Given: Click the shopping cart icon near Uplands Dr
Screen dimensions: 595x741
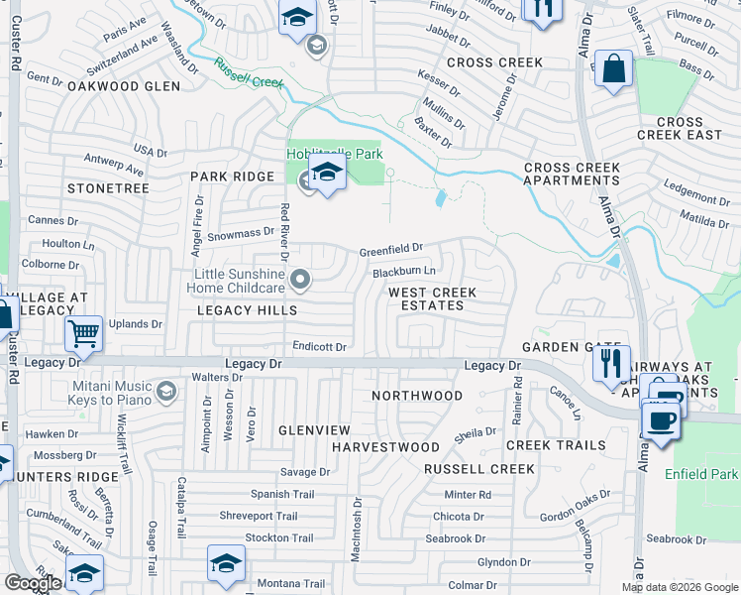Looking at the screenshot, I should (84, 333).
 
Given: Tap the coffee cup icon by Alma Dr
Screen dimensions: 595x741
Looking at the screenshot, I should (660, 417).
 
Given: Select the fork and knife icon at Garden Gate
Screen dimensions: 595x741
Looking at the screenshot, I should (611, 363).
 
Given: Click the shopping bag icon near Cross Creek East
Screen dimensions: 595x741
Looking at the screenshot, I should (614, 69).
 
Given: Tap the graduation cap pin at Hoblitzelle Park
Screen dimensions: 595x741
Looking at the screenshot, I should (325, 173).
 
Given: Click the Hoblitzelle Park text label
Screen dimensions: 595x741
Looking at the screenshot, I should (334, 154).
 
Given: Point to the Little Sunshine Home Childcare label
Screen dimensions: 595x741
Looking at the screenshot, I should (240, 281).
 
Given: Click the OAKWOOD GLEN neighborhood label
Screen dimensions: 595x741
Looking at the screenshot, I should (124, 87).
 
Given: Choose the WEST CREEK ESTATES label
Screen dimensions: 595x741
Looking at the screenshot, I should (432, 298).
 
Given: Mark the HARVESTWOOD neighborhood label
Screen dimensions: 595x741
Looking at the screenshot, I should (385, 448).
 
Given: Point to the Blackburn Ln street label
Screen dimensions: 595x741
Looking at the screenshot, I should (403, 272).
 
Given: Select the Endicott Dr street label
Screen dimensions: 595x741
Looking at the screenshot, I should (319, 347).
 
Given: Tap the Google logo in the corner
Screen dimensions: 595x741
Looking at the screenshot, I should (32, 583).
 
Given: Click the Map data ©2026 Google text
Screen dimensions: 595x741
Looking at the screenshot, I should (679, 587).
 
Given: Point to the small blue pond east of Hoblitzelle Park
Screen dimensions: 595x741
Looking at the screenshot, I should (439, 199).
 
